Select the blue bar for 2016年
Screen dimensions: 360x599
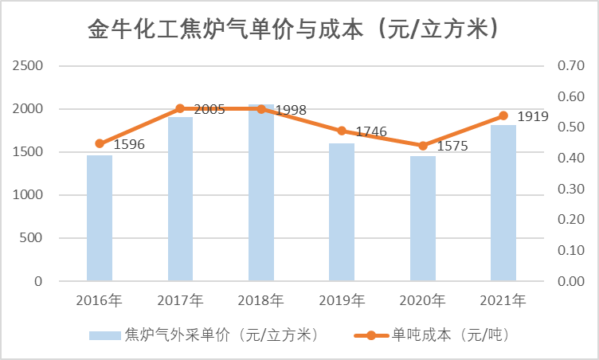coord(100,217)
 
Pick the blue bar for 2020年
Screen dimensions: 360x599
coord(423,217)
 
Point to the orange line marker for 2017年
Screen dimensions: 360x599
coord(180,108)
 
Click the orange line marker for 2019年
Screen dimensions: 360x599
coord(342,131)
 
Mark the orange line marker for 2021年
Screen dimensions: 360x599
coord(503,115)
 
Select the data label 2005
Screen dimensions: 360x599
coord(209,109)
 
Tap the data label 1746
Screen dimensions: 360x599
coord(371,131)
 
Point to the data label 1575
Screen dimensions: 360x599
coord(452,147)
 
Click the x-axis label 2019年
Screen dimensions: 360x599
coord(342,301)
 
